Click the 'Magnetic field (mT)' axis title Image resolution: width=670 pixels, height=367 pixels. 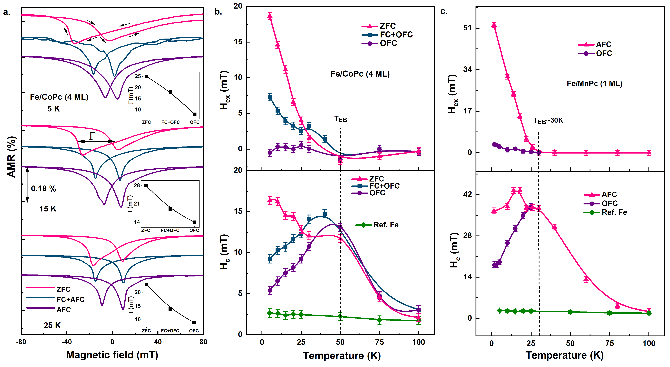112,355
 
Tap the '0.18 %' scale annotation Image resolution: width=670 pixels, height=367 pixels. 44,189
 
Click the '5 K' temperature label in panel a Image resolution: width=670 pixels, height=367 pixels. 54,109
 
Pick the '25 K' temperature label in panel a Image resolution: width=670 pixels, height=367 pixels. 52,325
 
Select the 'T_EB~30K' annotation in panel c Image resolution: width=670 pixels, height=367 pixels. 548,121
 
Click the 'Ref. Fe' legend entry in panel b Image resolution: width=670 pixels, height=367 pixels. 386,225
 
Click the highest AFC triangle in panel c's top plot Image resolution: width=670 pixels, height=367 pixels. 494,25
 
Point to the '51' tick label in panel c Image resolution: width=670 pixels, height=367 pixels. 467,28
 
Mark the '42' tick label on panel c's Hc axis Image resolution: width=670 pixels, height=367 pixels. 467,195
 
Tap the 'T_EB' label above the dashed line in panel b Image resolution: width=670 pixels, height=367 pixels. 340,119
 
